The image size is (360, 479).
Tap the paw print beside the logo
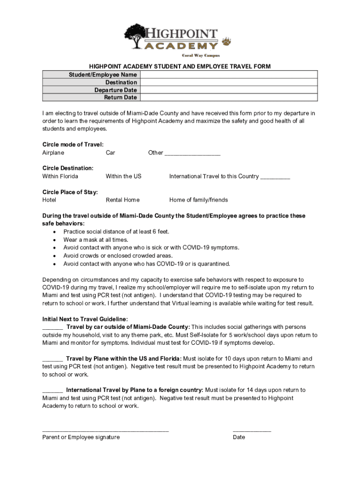click(x=226, y=42)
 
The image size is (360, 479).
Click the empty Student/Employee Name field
click(x=229, y=75)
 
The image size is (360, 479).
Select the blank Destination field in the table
click(x=229, y=82)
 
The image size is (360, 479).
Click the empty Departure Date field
click(x=229, y=90)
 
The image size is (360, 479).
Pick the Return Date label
click(x=121, y=98)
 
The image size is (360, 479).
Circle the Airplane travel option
click(x=53, y=153)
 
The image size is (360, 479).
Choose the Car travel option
click(x=110, y=153)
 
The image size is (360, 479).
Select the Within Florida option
click(x=60, y=176)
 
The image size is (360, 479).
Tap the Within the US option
click(x=123, y=176)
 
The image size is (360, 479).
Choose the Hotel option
click(x=49, y=200)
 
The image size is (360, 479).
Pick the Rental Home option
click(x=122, y=200)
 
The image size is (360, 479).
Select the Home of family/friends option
click(x=199, y=200)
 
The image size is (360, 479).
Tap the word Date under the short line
click(x=239, y=437)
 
